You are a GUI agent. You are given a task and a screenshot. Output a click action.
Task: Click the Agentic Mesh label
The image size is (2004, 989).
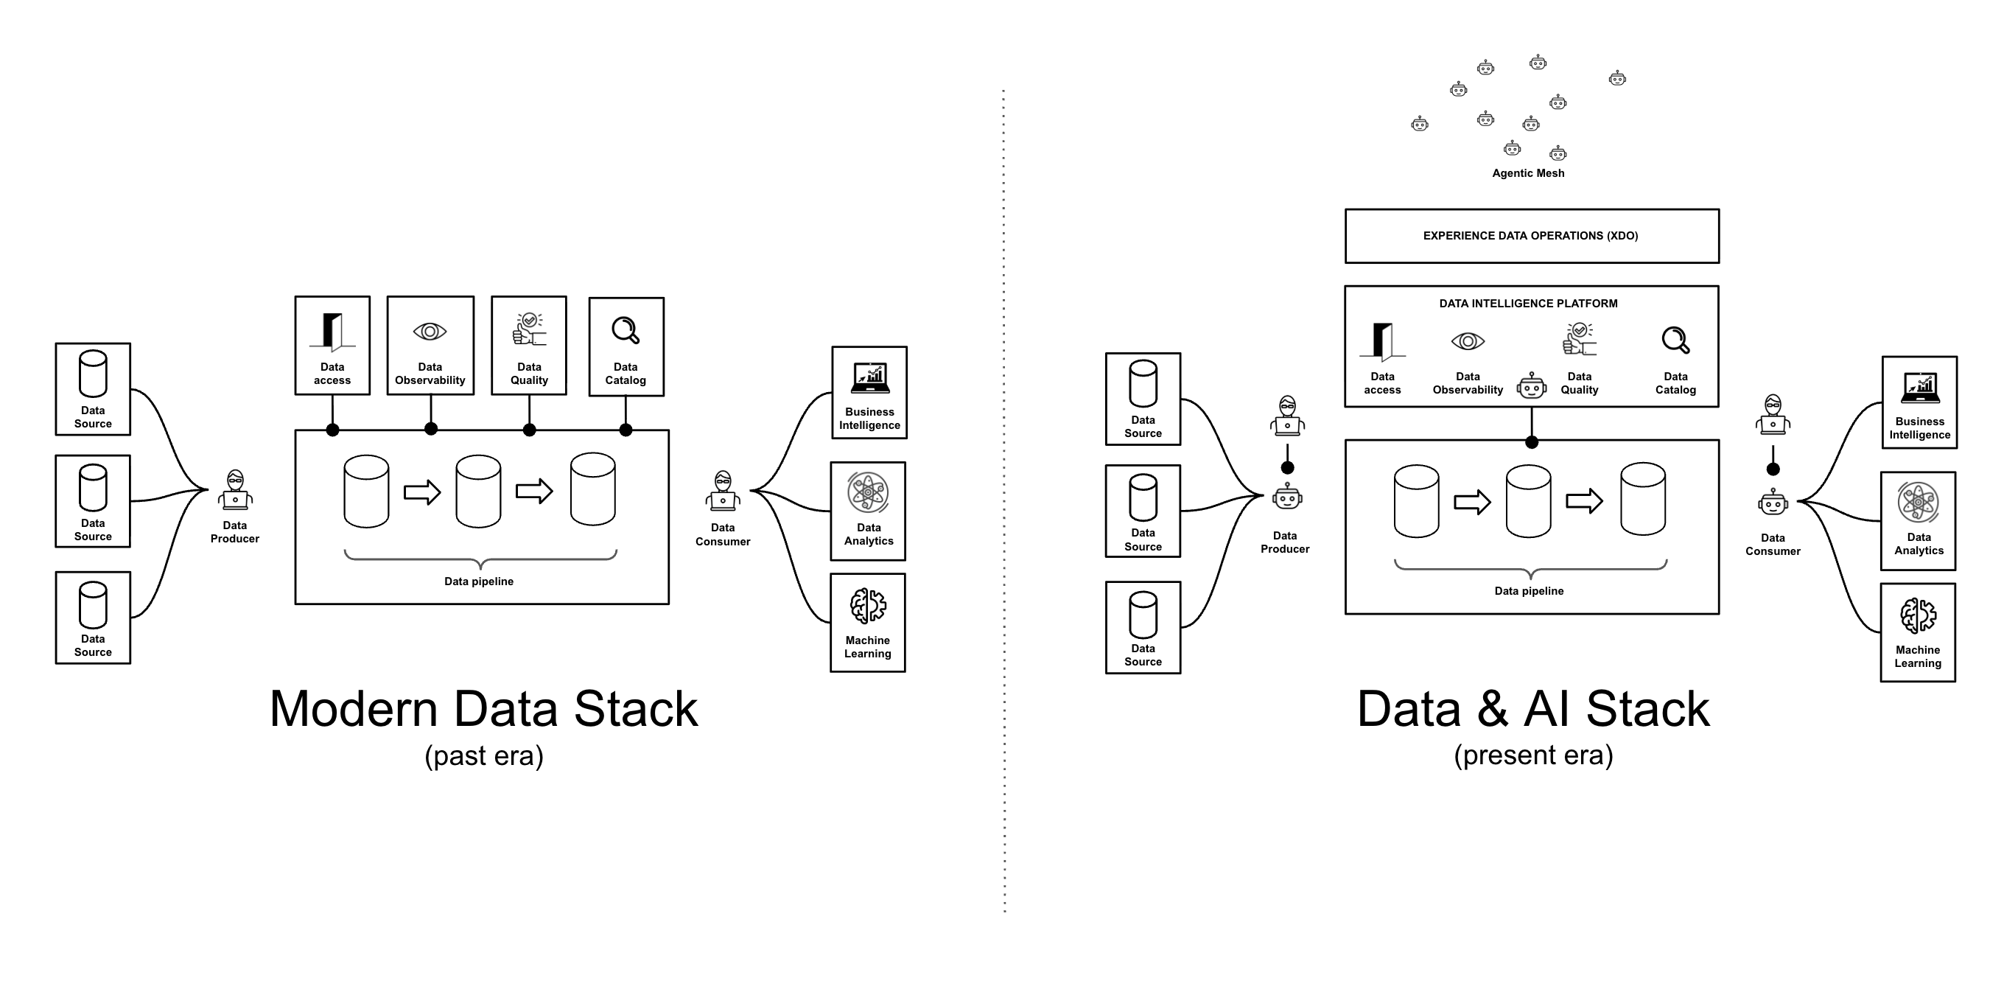[x=1527, y=173]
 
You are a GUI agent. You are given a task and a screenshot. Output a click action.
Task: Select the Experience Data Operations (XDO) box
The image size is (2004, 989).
[x=1530, y=236]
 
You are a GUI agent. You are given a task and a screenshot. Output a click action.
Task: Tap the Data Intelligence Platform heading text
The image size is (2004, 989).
[x=1527, y=304]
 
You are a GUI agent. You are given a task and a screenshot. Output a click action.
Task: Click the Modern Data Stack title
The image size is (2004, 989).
[x=483, y=709]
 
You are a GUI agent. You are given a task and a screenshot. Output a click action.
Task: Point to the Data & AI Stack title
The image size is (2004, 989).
[x=1532, y=709]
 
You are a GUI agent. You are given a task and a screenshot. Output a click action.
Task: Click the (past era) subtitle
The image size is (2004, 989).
[x=483, y=755]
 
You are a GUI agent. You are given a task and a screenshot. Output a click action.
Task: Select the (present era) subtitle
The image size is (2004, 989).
[x=1532, y=755]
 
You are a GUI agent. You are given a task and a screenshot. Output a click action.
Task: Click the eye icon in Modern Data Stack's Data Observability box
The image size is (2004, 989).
[x=430, y=332]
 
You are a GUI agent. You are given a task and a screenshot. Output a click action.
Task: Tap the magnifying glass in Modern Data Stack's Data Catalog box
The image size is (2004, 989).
[x=626, y=330]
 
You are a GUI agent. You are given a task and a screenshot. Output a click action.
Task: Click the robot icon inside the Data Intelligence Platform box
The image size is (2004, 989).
[x=1531, y=386]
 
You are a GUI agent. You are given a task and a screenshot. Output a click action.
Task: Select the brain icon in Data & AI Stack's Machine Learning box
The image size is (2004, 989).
[x=1918, y=616]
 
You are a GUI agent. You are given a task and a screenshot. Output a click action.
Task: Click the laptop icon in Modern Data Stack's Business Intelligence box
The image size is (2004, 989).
[x=869, y=378]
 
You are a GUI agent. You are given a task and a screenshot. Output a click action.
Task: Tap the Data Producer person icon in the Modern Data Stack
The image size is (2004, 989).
[x=235, y=490]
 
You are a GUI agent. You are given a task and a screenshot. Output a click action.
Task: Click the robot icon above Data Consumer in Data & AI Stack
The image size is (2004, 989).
[x=1772, y=503]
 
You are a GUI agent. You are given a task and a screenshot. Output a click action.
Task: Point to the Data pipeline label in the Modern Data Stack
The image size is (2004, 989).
[x=478, y=581]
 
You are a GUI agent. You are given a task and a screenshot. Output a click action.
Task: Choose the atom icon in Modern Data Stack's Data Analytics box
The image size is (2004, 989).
[x=867, y=492]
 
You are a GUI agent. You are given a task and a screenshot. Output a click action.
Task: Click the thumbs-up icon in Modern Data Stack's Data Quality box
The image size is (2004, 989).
[x=529, y=330]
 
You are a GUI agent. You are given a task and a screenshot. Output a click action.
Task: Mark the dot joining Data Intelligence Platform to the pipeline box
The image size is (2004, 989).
[x=1531, y=442]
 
